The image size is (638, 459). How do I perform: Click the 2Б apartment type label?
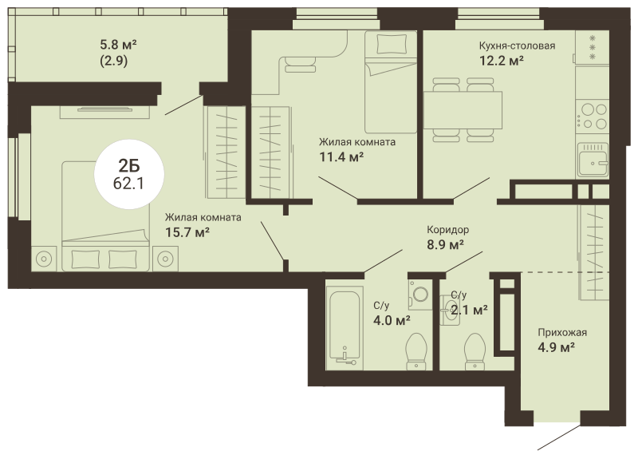pyautogui.click(x=129, y=166)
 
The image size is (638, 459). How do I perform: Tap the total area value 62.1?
pyautogui.click(x=128, y=184)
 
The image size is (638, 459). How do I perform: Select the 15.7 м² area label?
pyautogui.click(x=187, y=232)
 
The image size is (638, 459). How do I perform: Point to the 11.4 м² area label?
pyautogui.click(x=341, y=156)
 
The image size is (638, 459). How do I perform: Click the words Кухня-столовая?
pyautogui.click(x=517, y=46)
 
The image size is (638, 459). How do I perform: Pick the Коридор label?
pyautogui.click(x=447, y=230)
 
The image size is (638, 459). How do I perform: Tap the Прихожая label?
pyautogui.click(x=562, y=332)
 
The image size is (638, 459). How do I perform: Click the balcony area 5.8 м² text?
pyautogui.click(x=118, y=44)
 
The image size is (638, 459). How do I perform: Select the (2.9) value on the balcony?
pyautogui.click(x=114, y=61)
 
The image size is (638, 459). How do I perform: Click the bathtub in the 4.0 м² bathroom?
pyautogui.click(x=345, y=327)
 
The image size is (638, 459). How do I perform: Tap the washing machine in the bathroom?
pyautogui.click(x=420, y=294)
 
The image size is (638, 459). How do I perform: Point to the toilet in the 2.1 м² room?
pyautogui.click(x=475, y=351)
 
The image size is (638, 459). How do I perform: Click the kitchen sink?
pyautogui.click(x=592, y=160)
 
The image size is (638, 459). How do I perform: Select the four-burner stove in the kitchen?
pyautogui.click(x=593, y=116)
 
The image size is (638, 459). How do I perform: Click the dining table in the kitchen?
pyautogui.click(x=463, y=110)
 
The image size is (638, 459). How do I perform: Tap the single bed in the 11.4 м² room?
pyautogui.click(x=391, y=82)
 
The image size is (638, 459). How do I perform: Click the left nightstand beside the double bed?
pyautogui.click(x=44, y=259)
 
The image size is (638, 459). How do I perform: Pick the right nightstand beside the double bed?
pyautogui.click(x=165, y=259)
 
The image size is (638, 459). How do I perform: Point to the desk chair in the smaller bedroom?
pyautogui.click(x=301, y=64)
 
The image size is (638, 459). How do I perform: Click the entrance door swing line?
pyautogui.click(x=559, y=437)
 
